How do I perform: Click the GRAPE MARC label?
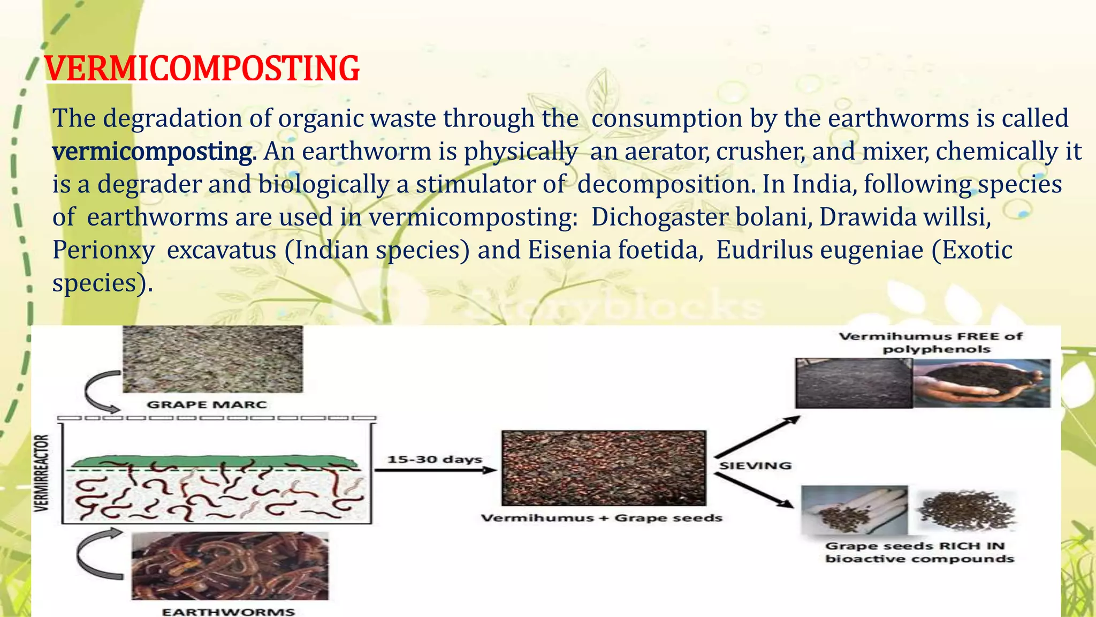[x=207, y=405]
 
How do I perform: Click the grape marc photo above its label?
[x=212, y=359]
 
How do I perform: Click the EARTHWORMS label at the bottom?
[x=229, y=612]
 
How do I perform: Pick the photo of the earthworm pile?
[x=230, y=566]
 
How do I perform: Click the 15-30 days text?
[x=435, y=460]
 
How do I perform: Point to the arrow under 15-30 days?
[x=435, y=470]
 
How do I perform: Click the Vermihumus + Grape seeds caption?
[x=602, y=518]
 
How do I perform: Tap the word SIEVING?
[x=755, y=466]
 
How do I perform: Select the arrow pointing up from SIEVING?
[x=757, y=437]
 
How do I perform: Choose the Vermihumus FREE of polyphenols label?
[x=930, y=343]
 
